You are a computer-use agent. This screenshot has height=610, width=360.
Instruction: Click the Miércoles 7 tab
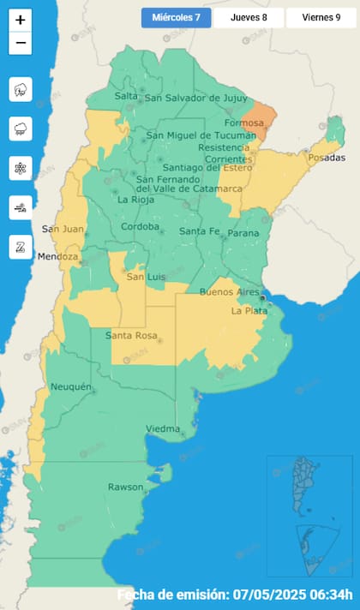tap(176, 17)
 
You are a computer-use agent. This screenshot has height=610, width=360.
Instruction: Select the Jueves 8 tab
tap(248, 17)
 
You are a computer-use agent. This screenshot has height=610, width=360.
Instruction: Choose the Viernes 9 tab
tap(321, 17)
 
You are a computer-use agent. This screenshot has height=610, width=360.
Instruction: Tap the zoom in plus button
tap(21, 20)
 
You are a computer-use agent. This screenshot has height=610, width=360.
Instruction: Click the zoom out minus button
tap(21, 43)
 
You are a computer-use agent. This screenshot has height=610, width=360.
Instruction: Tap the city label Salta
tap(126, 97)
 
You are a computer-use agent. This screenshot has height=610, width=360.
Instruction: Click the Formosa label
tap(244, 123)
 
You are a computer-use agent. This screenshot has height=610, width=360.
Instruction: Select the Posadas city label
tap(326, 158)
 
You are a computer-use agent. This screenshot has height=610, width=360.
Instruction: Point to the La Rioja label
tap(135, 200)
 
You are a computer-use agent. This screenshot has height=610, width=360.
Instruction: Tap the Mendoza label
tap(59, 256)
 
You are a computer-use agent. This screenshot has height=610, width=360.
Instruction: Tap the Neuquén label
tap(70, 387)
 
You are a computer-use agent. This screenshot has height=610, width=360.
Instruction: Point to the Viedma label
tap(162, 428)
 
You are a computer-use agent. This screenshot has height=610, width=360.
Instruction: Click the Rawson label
tap(125, 487)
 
